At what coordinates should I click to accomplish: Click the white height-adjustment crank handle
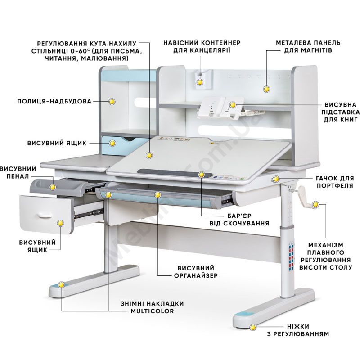306,198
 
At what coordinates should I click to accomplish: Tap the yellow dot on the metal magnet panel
266,89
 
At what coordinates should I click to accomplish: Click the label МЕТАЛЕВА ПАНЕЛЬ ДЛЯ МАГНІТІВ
308,47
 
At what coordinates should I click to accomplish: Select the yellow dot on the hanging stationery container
200,82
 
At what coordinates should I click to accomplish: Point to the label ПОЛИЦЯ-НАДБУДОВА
54,101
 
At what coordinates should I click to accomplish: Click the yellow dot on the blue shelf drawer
112,144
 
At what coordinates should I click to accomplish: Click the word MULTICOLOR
152,311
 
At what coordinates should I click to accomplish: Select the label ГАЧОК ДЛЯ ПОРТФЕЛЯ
335,182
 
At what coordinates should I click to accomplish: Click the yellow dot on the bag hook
276,179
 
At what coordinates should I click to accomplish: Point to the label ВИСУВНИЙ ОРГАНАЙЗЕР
196,272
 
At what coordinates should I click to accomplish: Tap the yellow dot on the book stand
233,105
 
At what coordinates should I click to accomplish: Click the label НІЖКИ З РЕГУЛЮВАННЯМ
298,330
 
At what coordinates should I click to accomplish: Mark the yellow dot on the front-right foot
253,328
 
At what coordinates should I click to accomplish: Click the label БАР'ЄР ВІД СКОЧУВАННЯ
239,220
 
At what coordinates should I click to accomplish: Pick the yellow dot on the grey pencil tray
53,187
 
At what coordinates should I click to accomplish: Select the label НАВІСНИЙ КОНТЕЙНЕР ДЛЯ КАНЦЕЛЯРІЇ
202,47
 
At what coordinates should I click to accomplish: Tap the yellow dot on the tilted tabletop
149,156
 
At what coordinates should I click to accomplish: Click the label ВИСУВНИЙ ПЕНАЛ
18,173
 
